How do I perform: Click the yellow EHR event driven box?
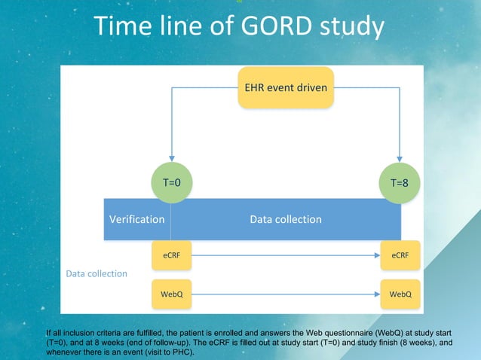[x=286, y=87]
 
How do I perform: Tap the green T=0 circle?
[x=172, y=182]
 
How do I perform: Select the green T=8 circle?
[x=400, y=182]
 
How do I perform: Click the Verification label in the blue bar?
[x=137, y=219]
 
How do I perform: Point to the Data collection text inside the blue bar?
[x=286, y=219]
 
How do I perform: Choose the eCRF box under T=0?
[x=172, y=255]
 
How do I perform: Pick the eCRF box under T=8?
[x=400, y=255]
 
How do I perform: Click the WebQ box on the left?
[x=172, y=293]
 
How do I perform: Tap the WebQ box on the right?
[x=400, y=293]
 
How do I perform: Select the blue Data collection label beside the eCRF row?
[x=97, y=273]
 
